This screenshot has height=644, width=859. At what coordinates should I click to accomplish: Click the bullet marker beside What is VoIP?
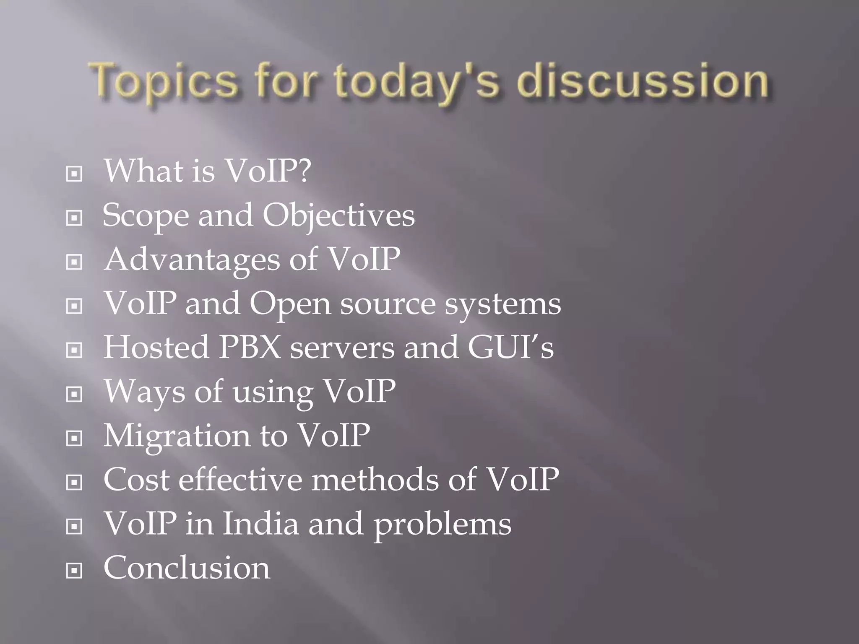[74, 174]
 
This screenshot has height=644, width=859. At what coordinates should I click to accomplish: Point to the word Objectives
[338, 216]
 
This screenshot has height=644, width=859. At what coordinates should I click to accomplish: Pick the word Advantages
[192, 260]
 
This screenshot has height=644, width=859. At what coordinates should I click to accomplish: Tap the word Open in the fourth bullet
[290, 304]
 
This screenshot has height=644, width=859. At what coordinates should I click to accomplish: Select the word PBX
[250, 348]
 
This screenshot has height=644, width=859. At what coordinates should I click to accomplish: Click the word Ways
[144, 392]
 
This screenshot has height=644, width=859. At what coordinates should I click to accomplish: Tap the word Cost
[137, 480]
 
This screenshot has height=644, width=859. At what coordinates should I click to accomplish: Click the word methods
[375, 480]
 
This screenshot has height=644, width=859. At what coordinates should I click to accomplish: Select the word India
[260, 524]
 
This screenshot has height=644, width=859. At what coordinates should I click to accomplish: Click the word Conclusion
[187, 568]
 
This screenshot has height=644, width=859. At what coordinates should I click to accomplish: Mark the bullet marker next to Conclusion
[74, 570]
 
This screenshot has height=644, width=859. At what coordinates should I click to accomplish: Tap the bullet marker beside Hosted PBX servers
[74, 350]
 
